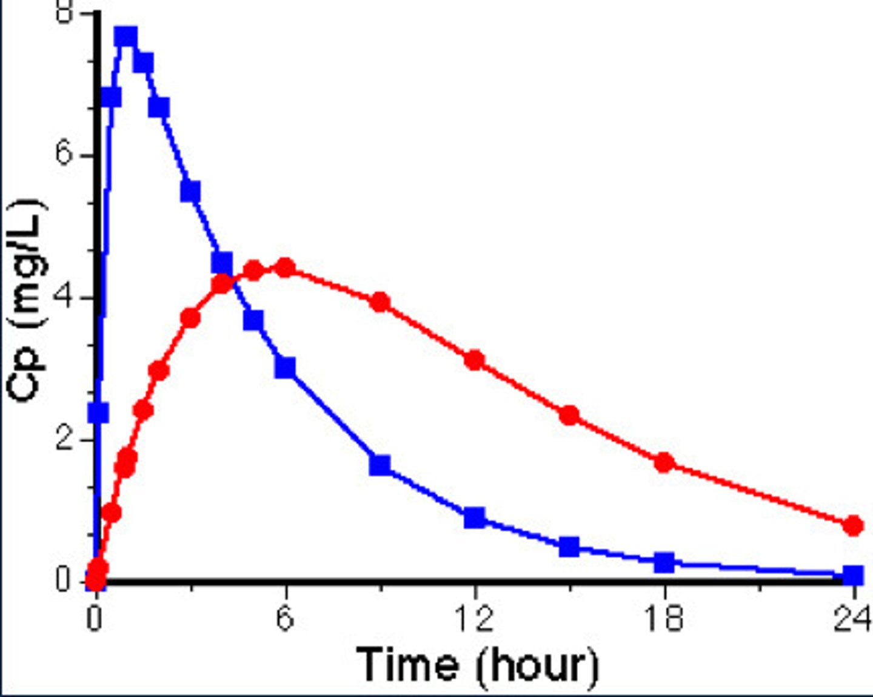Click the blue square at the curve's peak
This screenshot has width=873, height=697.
pos(127,38)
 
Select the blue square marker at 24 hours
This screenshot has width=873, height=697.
pos(853,574)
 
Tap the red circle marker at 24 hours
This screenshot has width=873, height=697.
pos(853,525)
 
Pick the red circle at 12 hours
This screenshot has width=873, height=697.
pos(475,360)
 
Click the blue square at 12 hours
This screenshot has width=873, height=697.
pos(475,518)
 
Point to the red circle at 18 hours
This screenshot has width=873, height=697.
pos(664,462)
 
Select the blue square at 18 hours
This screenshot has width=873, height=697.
pos(664,562)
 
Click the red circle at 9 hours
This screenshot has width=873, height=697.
pos(380,302)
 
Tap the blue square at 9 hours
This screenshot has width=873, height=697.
pos(380,465)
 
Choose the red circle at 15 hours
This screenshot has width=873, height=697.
pos(569,416)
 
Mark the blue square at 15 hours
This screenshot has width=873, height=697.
pos(569,547)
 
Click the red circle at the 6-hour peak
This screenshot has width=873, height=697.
pos(285,268)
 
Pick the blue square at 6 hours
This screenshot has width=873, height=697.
pos(285,368)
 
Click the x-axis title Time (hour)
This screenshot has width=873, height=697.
pos(477,665)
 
